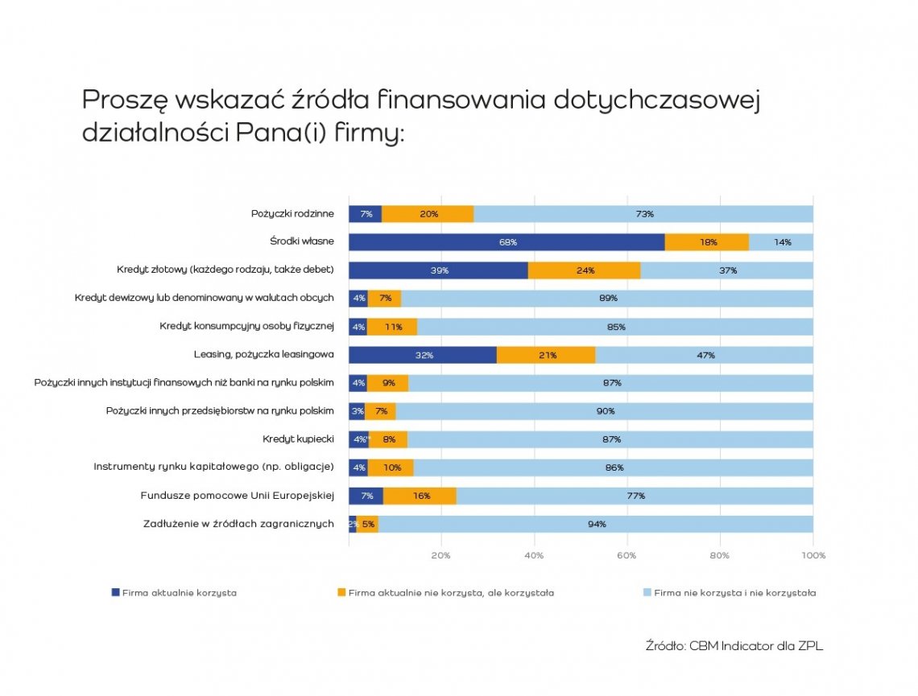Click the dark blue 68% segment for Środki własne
tap(507, 242)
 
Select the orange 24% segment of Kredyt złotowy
tap(585, 270)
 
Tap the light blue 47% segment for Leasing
tap(705, 355)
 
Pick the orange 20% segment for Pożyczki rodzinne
tap(428, 214)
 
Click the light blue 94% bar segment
tap(596, 525)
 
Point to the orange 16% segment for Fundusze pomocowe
tap(420, 496)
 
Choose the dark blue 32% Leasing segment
tap(423, 355)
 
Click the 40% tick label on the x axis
tap(534, 555)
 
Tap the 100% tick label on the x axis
tap(813, 555)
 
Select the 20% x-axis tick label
tap(440, 555)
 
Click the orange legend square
tap(341, 593)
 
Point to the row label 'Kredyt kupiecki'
tap(298, 439)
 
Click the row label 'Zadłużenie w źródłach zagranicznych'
tap(238, 524)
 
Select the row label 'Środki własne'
tap(302, 241)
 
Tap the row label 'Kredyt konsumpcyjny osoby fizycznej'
tap(247, 327)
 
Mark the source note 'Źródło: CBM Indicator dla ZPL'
tap(734, 645)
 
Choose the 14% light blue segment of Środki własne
tap(781, 242)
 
